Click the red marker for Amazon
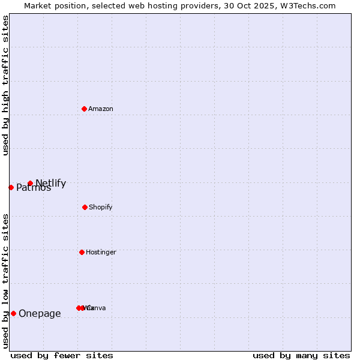click(85, 109)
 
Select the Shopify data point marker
click(85, 207)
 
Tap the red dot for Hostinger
click(82, 252)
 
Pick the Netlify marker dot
click(30, 184)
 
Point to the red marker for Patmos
click(11, 187)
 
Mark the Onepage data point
click(13, 313)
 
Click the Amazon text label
click(101, 109)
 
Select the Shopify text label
click(101, 207)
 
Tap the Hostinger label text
click(101, 252)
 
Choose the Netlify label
click(51, 183)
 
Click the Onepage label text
click(40, 313)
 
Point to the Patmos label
click(34, 188)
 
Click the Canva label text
click(97, 308)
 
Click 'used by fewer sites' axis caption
click(62, 355)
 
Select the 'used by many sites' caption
click(301, 355)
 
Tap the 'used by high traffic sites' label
click(5, 85)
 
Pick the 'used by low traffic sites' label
click(5, 281)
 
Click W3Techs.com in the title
click(307, 5)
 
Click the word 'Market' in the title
click(37, 5)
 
